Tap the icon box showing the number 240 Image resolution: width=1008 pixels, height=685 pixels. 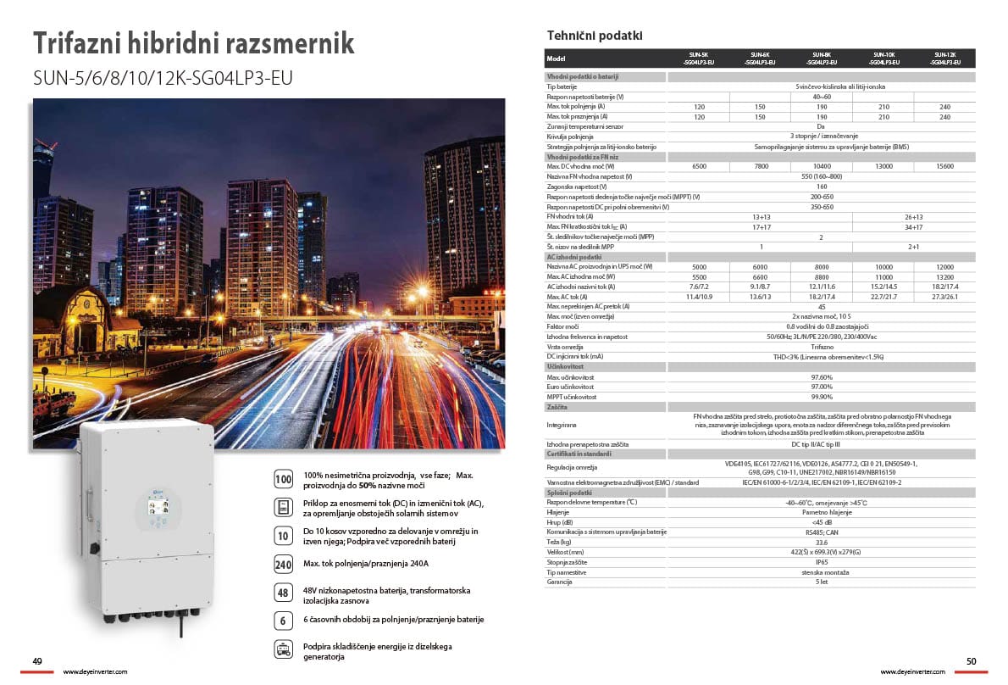click(x=284, y=565)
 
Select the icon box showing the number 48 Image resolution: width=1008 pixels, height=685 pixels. click(x=284, y=593)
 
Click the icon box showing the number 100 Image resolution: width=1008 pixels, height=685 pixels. click(x=284, y=479)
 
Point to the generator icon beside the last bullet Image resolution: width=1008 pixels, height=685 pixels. click(x=284, y=650)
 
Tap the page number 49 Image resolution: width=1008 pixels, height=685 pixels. click(x=37, y=661)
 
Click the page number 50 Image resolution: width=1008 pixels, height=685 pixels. click(x=971, y=661)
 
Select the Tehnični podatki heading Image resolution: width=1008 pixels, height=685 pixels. click(x=595, y=36)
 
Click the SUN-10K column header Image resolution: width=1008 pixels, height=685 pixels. click(x=883, y=58)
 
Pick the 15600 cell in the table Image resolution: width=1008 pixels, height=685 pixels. click(x=944, y=167)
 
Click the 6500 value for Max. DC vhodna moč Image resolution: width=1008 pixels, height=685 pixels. click(x=699, y=167)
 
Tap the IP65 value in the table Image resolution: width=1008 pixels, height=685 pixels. click(x=820, y=562)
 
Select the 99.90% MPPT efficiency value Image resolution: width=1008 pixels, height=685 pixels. click(x=820, y=397)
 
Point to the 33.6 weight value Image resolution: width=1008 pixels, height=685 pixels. click(x=820, y=542)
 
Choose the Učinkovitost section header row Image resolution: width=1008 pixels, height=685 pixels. click(x=566, y=366)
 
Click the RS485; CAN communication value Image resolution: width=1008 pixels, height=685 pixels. click(x=820, y=532)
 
